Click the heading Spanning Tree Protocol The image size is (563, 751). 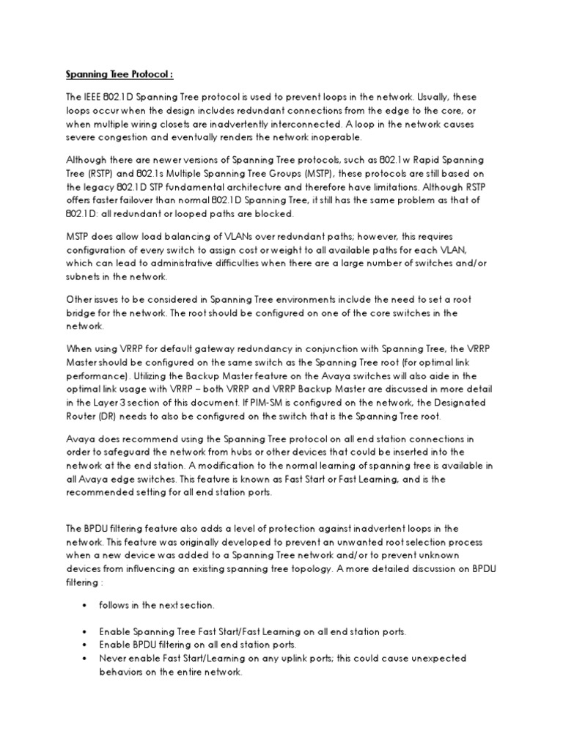point(117,74)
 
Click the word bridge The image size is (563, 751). point(84,312)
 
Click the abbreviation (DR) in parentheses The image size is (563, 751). point(111,417)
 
